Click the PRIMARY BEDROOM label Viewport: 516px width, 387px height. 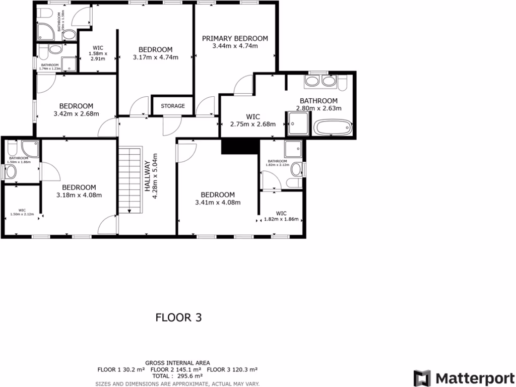tap(235, 38)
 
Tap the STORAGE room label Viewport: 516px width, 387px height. tap(173, 106)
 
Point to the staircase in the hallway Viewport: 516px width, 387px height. tap(129, 179)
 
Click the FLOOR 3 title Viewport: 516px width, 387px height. tap(178, 317)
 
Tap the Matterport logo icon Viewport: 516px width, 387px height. tap(422, 378)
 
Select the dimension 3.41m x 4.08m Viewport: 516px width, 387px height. tap(218, 203)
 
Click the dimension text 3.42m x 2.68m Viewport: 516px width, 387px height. tap(76, 114)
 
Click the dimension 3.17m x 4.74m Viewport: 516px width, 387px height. tap(156, 57)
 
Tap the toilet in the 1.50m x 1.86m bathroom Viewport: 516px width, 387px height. tap(10, 172)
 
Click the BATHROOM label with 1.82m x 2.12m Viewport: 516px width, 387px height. tap(277, 161)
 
